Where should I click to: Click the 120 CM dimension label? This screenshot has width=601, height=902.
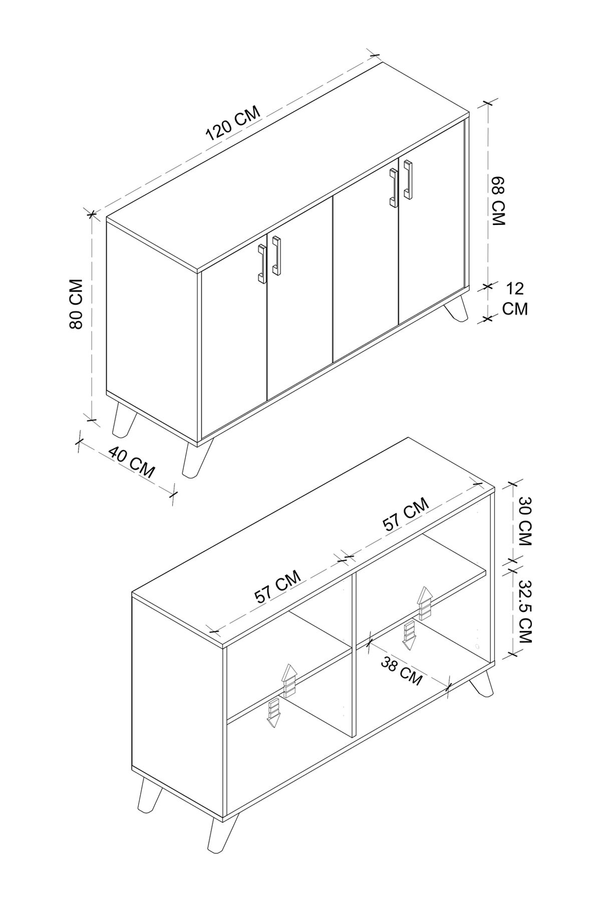click(233, 123)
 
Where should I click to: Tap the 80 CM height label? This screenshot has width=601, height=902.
click(76, 304)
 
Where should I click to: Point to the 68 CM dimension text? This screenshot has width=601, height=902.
click(499, 200)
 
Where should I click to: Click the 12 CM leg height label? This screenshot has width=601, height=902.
click(515, 299)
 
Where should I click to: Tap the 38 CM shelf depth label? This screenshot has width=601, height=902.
click(401, 671)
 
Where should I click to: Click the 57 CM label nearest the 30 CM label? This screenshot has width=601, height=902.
click(406, 515)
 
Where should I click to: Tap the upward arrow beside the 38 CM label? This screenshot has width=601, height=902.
click(425, 604)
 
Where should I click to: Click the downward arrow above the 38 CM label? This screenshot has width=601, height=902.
click(409, 635)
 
